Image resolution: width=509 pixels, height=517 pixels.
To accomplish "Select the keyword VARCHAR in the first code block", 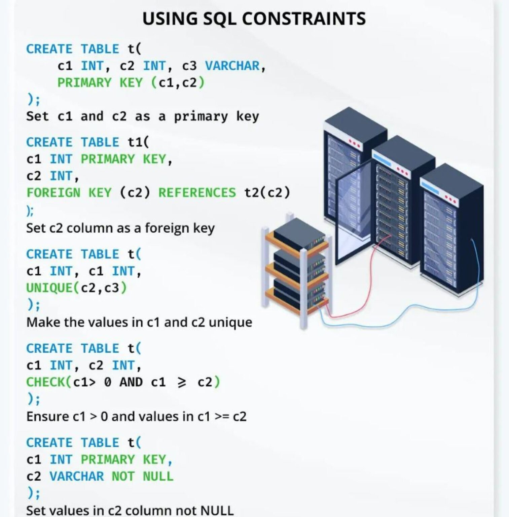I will (x=232, y=66).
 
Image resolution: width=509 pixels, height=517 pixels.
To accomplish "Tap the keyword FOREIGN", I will (x=53, y=193).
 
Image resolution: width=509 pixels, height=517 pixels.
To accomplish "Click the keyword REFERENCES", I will (x=197, y=193).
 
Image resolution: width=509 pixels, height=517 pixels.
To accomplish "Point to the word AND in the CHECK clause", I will (x=131, y=382).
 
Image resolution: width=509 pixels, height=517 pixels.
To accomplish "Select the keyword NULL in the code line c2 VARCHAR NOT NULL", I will (x=158, y=477).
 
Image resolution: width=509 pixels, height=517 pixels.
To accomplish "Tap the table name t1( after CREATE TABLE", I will (x=138, y=142).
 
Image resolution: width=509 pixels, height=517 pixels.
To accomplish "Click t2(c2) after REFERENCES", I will (x=267, y=193).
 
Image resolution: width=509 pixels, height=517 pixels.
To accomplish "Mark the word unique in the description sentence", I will (x=230, y=322).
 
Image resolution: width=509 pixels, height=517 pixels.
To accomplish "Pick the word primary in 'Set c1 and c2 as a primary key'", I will (x=201, y=116).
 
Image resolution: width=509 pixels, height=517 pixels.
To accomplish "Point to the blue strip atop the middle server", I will (x=382, y=158).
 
